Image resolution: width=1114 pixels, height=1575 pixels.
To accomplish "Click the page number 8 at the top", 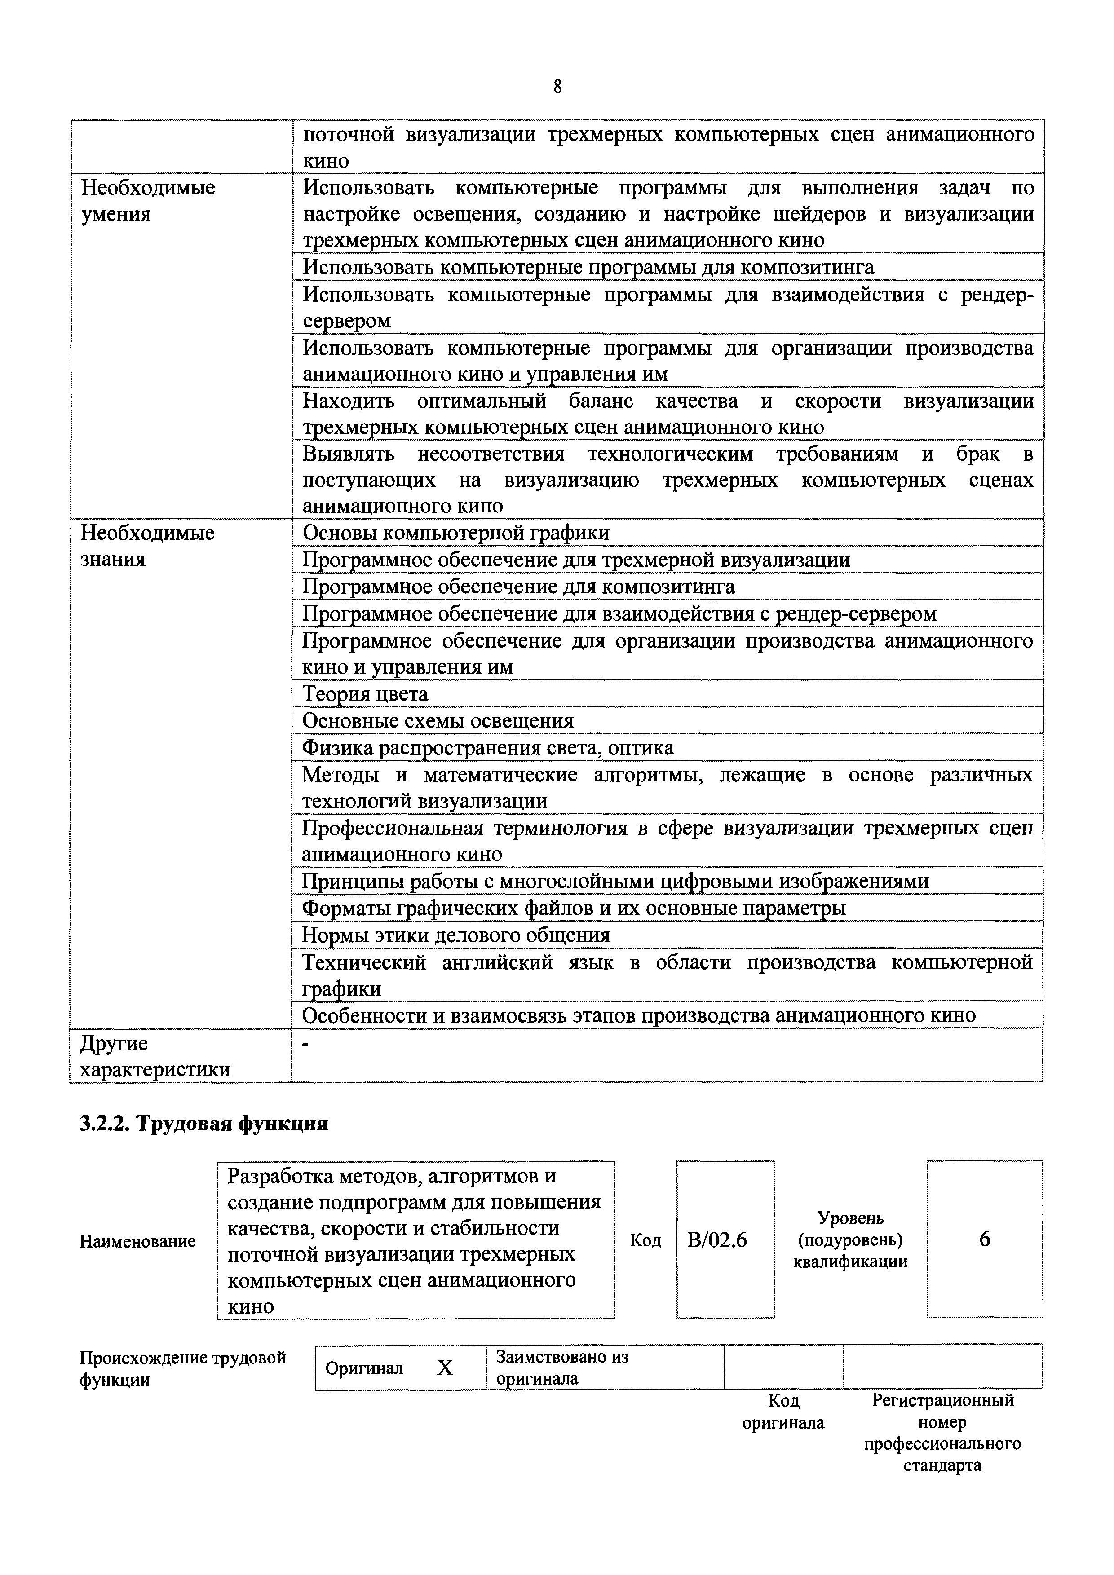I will pyautogui.click(x=557, y=87).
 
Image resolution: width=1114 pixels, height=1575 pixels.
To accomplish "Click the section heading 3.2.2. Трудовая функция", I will pyautogui.click(x=204, y=1124).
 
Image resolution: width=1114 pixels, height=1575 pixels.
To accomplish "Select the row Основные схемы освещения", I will pyautogui.click(x=438, y=720).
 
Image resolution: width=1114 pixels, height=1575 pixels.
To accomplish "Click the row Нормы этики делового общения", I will pyautogui.click(x=456, y=935).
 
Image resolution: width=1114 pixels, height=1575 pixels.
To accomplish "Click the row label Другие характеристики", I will pyautogui.click(x=155, y=1056).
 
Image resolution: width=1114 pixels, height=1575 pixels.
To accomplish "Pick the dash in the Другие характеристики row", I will pyautogui.click(x=306, y=1043).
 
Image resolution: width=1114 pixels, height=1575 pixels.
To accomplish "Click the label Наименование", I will pyautogui.click(x=137, y=1241).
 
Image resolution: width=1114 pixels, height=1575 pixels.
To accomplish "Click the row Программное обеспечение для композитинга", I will pyautogui.click(x=518, y=587).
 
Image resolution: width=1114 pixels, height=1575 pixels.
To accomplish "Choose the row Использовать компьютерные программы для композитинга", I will pyautogui.click(x=588, y=267).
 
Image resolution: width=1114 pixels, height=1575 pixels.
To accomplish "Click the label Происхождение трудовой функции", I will pyautogui.click(x=182, y=1368).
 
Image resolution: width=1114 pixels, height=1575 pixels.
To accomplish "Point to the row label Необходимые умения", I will pyautogui.click(x=148, y=201).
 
